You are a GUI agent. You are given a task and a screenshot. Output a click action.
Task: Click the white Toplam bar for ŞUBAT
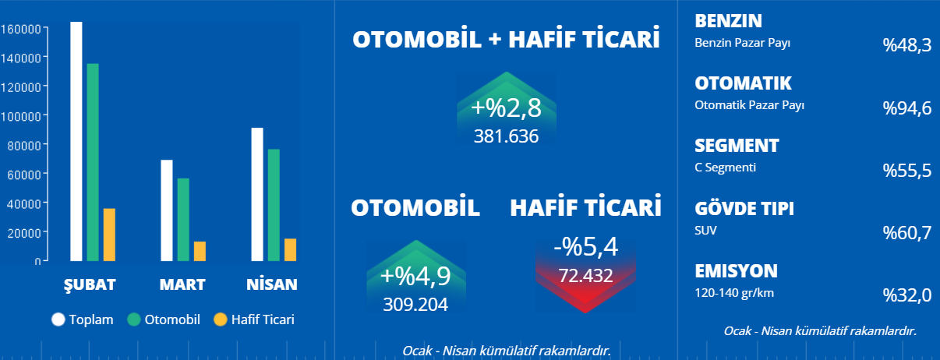pos(76,141)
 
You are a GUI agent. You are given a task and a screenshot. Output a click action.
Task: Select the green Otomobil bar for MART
pos(183,220)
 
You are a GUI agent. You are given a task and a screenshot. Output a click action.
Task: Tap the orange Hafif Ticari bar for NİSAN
pos(290,249)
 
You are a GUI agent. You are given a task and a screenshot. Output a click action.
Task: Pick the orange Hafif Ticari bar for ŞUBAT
pos(109,235)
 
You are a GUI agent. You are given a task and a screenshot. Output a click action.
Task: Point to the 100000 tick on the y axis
pos(45,115)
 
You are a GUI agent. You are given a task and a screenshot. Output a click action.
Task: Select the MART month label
pos(182,284)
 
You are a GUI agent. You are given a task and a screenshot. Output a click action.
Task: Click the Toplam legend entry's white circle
pos(58,319)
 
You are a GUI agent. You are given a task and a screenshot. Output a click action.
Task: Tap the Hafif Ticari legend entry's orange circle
pos(221,319)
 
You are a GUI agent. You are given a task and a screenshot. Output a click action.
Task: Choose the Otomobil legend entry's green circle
pos(134,319)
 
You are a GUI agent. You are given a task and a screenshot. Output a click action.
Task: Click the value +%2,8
pos(506,108)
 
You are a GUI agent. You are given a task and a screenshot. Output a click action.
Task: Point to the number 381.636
pos(506,136)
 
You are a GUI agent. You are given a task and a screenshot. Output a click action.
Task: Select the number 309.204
pos(415,305)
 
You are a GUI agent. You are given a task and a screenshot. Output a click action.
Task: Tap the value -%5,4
pos(586,247)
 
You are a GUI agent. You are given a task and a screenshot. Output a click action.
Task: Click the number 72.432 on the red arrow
pos(586,276)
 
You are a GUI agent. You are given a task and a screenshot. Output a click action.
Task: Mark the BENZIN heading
pos(728,21)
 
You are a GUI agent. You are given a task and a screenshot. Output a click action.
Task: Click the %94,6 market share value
pos(906,108)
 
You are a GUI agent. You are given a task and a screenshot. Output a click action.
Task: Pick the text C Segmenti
pos(725,168)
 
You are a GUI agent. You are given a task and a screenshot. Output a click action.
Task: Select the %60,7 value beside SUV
pos(906,233)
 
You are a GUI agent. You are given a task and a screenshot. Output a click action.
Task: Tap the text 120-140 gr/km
pos(734,293)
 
